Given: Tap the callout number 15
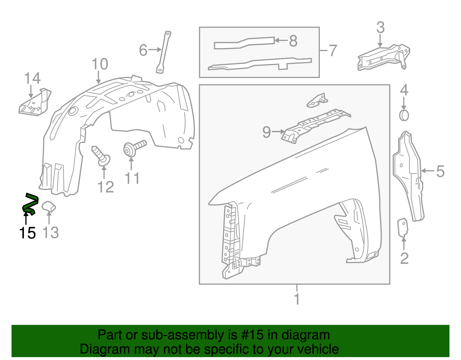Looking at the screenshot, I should [27, 233].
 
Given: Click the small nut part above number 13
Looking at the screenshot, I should [49, 207].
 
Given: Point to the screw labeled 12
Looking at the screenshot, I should [101, 156].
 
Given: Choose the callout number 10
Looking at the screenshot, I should [100, 64].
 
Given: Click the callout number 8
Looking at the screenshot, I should [293, 41].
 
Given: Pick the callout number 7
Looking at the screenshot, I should [332, 51].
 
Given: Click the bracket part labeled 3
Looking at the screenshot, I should [383, 58].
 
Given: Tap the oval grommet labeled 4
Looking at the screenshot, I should [404, 116].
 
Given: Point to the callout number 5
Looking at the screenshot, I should [440, 171].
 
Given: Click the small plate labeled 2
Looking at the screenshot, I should [403, 228].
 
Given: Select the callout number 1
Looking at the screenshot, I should [297, 299].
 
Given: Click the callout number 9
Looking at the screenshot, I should [267, 132].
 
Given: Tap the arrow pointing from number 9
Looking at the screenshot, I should [278, 132].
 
